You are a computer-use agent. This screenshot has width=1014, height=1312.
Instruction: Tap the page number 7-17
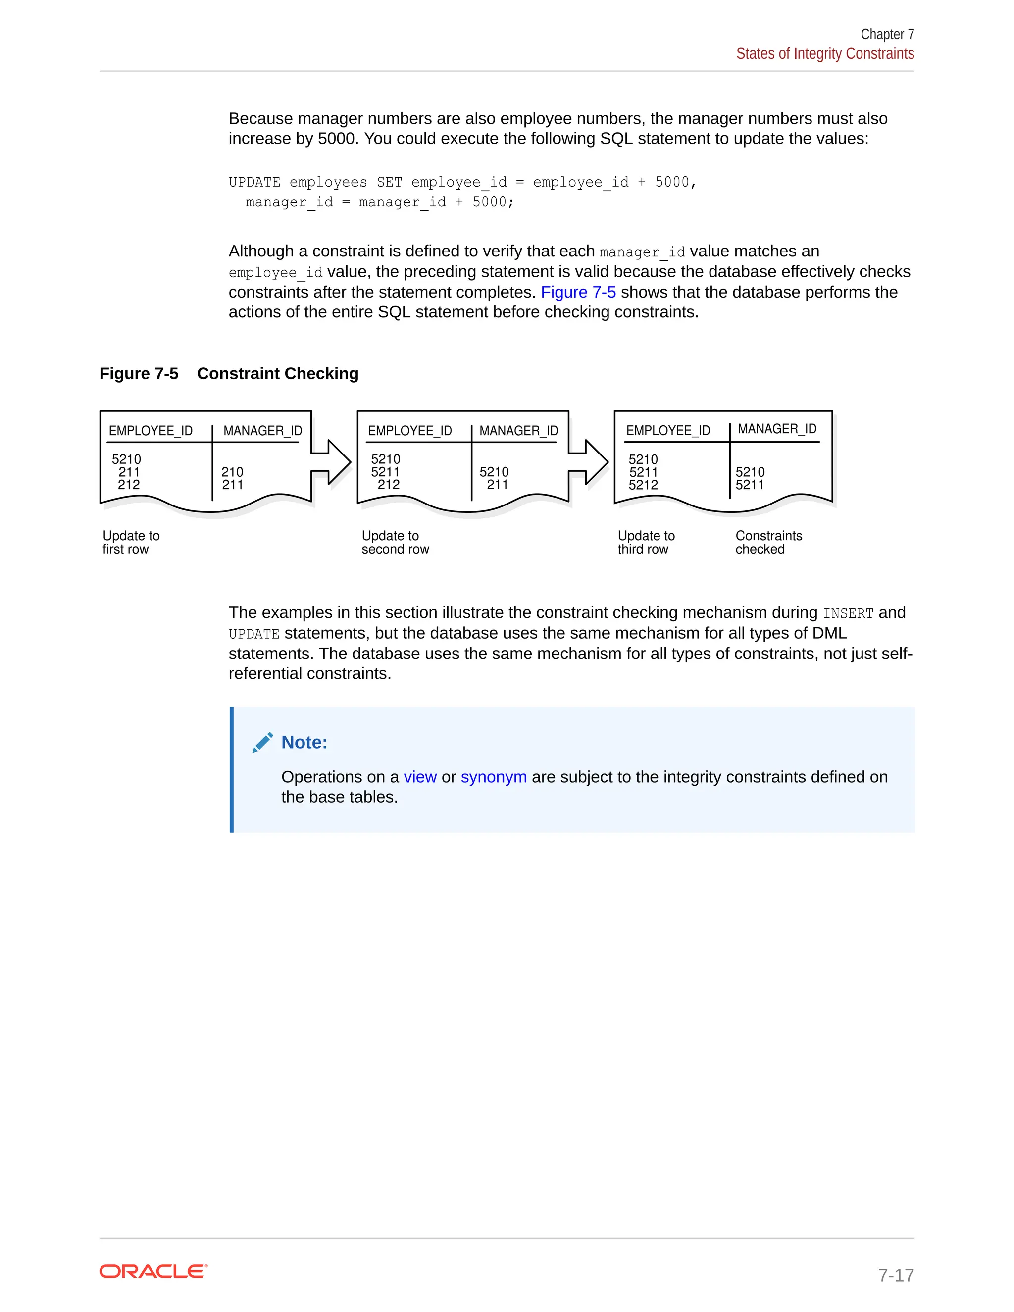pos(896,1275)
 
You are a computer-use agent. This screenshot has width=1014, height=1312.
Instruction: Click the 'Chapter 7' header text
pos(887,34)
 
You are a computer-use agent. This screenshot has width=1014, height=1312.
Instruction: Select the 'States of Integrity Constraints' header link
pos(825,54)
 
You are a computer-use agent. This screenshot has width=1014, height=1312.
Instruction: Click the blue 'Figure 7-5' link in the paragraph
pos(578,293)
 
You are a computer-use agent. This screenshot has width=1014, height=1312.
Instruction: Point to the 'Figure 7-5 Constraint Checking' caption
pos(229,374)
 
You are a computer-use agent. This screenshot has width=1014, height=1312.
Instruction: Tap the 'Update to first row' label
pos(131,543)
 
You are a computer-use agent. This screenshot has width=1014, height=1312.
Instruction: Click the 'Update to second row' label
pos(395,543)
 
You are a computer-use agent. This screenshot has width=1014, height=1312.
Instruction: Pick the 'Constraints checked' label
pos(768,543)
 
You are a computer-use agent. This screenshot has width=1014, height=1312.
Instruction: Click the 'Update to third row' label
pos(646,543)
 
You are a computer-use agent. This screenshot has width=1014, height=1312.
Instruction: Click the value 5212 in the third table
pos(643,485)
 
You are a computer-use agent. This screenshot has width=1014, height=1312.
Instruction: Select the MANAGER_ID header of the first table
pos(262,431)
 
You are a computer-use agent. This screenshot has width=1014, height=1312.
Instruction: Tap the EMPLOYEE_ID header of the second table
pos(409,431)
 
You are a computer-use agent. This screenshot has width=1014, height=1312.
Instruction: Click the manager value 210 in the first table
pos(232,472)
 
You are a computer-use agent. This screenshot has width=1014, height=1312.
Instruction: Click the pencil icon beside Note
pos(262,743)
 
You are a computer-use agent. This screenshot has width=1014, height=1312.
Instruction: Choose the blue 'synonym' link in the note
pos(493,777)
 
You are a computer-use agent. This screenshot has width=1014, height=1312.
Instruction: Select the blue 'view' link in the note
pos(419,777)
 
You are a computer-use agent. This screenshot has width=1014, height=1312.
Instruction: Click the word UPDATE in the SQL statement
pos(254,183)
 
